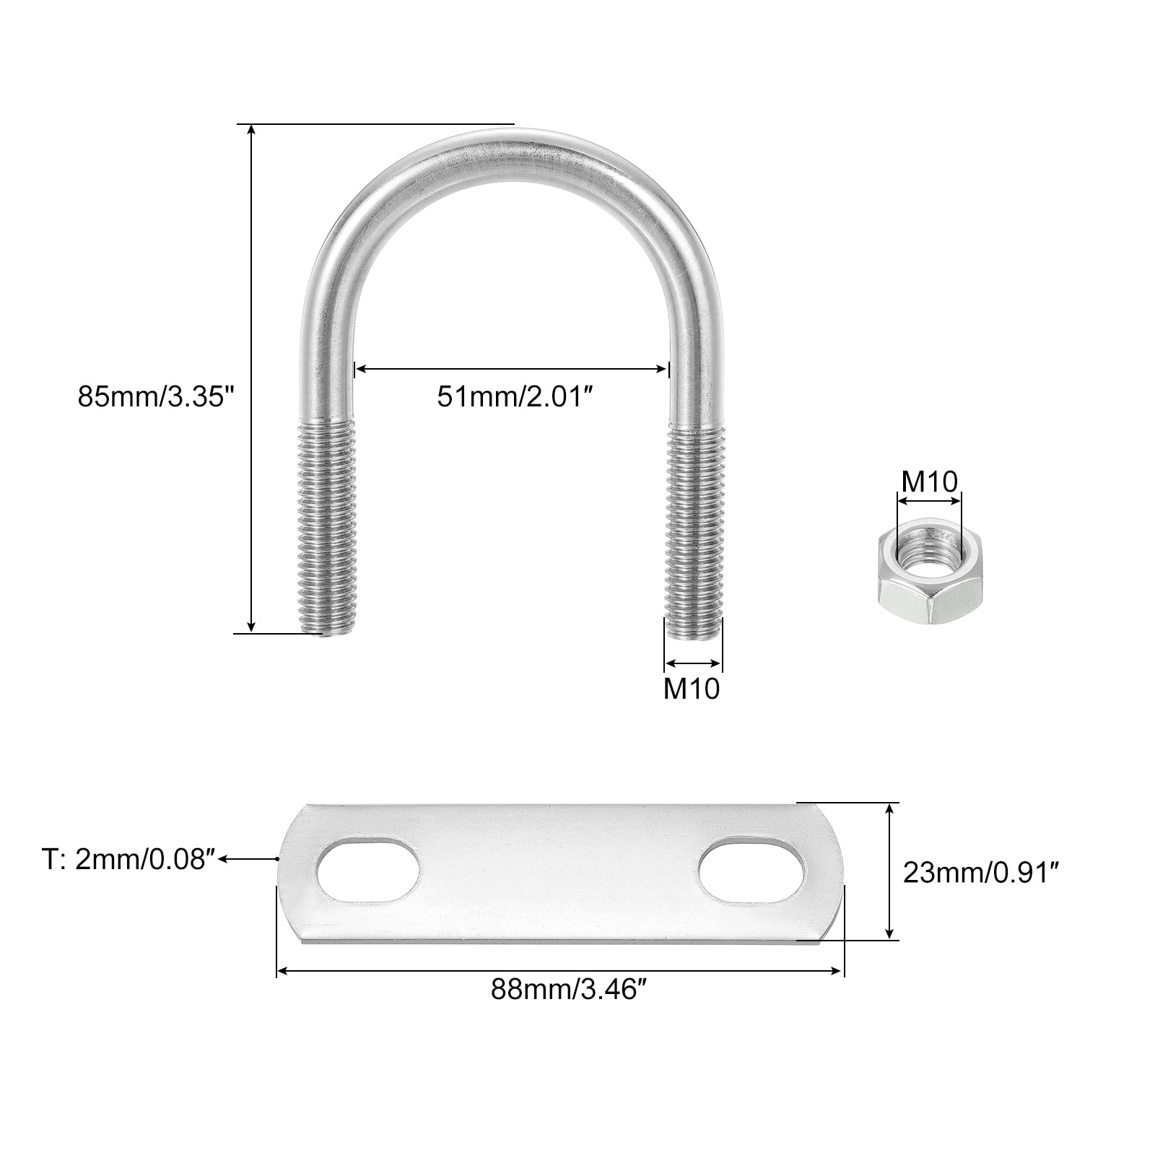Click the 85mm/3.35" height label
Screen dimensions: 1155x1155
[x=157, y=396]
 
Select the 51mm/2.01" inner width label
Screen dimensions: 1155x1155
[x=519, y=396]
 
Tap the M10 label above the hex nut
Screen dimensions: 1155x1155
[x=929, y=481]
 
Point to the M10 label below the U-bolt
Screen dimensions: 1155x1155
[x=692, y=689]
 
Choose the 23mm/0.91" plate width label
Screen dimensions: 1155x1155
[x=981, y=873]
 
